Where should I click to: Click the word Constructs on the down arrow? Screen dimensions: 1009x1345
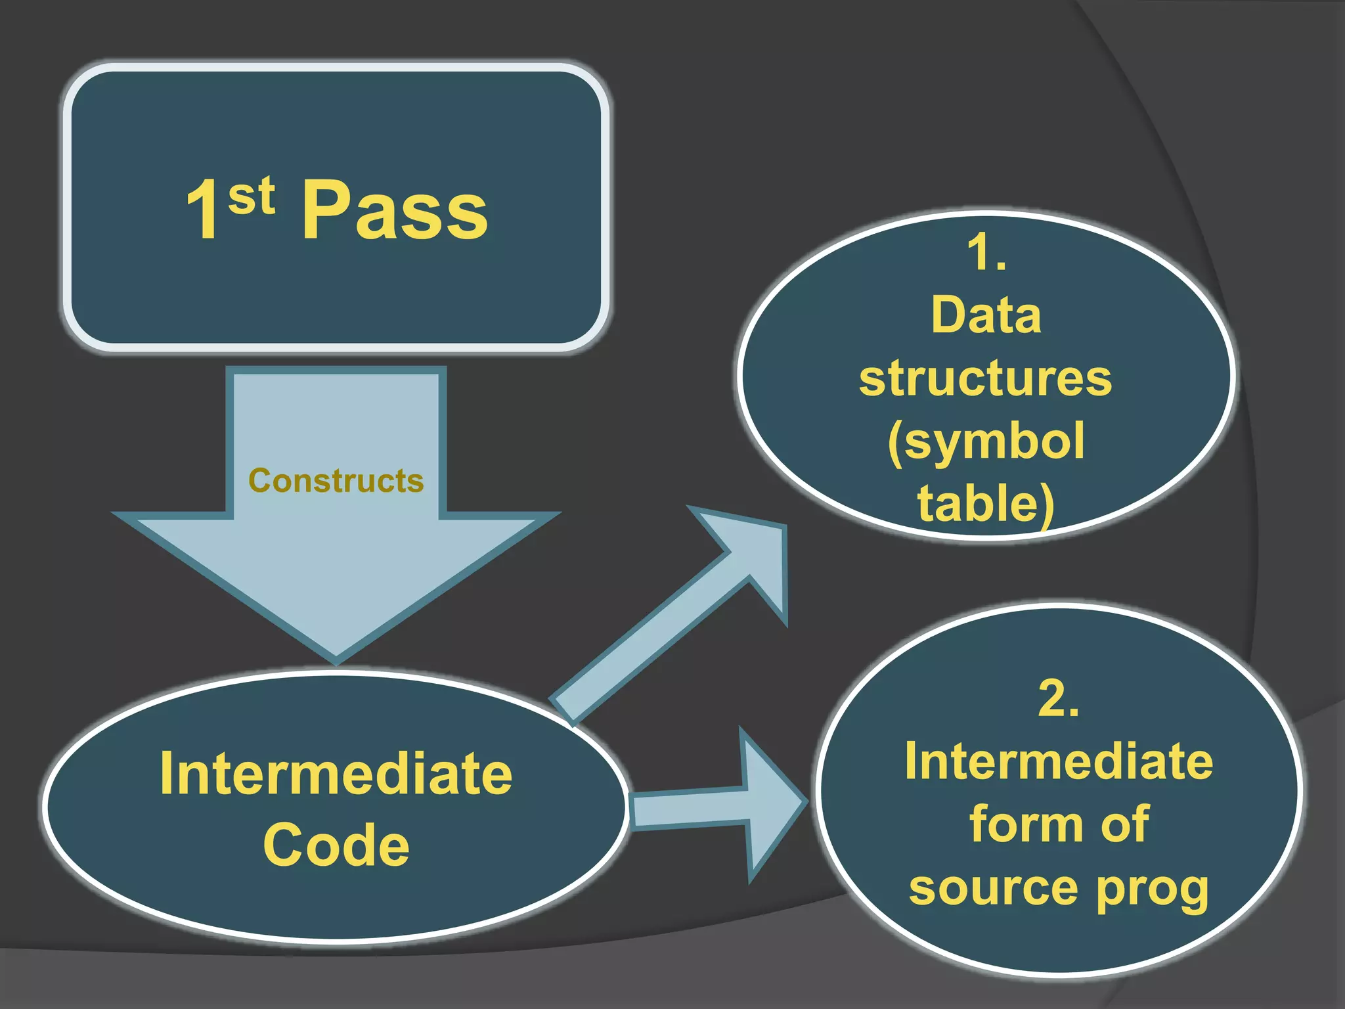(x=336, y=481)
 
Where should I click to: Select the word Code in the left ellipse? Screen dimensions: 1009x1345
(x=336, y=845)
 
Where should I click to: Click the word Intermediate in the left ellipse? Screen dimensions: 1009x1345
(x=336, y=774)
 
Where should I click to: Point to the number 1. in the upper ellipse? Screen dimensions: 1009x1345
(x=986, y=253)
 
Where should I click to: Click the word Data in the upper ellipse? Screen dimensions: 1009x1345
(x=986, y=315)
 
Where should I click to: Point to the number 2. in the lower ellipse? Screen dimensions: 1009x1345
(x=1058, y=698)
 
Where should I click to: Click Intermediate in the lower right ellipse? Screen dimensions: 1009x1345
(x=1058, y=762)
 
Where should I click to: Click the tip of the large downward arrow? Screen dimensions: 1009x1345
(x=336, y=654)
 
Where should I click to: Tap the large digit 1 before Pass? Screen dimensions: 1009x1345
(x=204, y=210)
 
